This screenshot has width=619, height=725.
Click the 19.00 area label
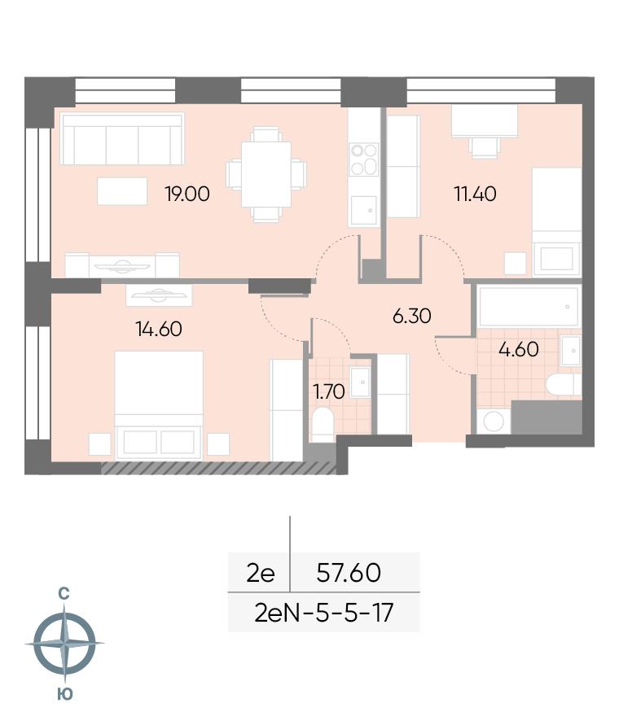click(x=187, y=194)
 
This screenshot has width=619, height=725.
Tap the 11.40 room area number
click(x=476, y=194)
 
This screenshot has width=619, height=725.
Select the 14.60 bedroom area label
click(x=159, y=330)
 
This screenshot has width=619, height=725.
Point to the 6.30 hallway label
click(x=411, y=317)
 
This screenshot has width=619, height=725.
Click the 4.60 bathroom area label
click(x=519, y=350)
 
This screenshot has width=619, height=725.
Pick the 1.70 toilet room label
click(x=329, y=392)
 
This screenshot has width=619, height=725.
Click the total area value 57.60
click(x=349, y=573)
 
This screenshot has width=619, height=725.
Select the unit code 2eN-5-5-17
click(x=324, y=613)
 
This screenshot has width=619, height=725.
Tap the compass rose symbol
click(x=64, y=644)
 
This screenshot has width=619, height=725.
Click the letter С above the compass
click(x=64, y=594)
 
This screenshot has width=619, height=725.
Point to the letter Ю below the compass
click(x=65, y=694)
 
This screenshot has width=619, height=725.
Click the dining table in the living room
click(x=266, y=174)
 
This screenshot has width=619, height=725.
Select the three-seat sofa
click(x=122, y=138)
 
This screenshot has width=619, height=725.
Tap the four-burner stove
click(x=364, y=159)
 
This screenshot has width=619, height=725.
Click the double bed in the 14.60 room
click(x=159, y=404)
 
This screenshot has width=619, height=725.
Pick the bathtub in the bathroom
click(x=529, y=307)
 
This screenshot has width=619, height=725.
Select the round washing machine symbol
click(x=494, y=421)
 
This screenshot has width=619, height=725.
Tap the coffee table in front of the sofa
click(x=122, y=191)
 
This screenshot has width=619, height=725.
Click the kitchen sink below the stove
click(x=363, y=211)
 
